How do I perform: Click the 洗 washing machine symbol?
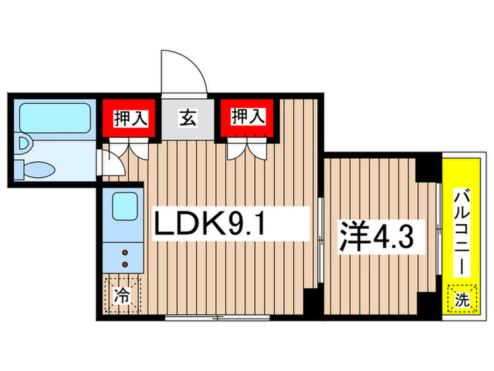[461, 300]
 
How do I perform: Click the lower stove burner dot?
[126, 264]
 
